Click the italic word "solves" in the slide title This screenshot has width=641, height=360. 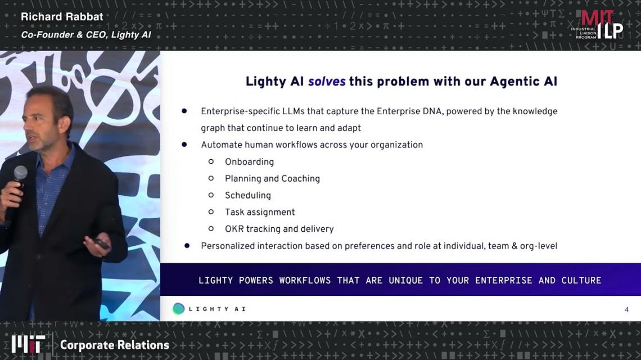[x=327, y=82]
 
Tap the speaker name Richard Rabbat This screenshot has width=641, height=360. [x=62, y=17]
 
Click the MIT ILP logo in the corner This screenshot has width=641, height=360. [x=597, y=25]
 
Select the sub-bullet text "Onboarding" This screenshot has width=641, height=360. [x=249, y=161]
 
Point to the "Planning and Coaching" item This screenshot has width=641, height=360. [x=272, y=179]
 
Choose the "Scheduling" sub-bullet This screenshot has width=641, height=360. [x=248, y=196]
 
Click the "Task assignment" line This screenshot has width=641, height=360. [x=260, y=212]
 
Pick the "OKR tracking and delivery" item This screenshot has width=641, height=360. [x=279, y=229]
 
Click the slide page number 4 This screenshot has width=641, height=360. [x=626, y=310]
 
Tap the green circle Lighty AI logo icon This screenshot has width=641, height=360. [x=179, y=309]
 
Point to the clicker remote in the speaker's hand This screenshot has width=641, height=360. [x=101, y=243]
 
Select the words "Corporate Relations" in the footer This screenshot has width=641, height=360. [x=115, y=345]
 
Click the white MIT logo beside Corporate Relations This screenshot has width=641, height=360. [x=28, y=344]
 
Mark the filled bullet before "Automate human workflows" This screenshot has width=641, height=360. [x=184, y=145]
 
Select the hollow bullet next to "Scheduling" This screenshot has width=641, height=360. [x=211, y=195]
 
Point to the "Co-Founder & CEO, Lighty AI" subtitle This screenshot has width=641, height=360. [x=86, y=35]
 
